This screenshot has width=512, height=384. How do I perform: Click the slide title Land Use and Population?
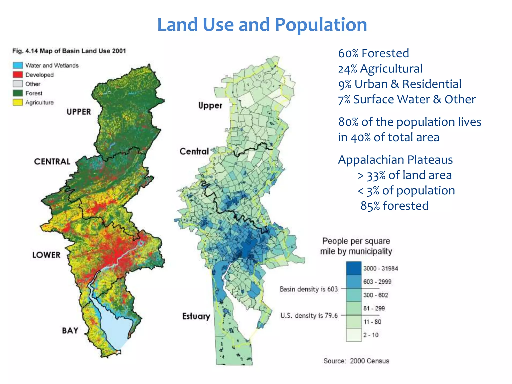(x=262, y=25)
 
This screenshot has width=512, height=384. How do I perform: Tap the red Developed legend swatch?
(x=18, y=74)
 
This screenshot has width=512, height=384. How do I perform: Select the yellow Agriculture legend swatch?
(x=18, y=102)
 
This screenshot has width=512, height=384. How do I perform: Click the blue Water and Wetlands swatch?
(x=18, y=65)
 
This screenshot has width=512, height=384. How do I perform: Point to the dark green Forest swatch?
(x=18, y=93)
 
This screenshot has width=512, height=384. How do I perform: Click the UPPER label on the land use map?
(x=79, y=112)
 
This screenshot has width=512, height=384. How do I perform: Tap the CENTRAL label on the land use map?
(x=52, y=161)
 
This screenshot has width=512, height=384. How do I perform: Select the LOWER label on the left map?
(x=46, y=255)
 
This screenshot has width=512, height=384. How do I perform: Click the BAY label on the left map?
(x=70, y=331)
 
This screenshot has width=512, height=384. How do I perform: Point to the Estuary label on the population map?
(x=196, y=316)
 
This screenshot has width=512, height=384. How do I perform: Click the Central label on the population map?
(x=194, y=151)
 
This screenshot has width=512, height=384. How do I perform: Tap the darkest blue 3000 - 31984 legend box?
(x=354, y=268)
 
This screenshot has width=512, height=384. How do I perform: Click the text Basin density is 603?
(x=309, y=289)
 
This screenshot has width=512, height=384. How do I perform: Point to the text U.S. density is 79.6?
(x=309, y=315)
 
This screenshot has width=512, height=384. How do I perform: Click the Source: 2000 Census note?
(x=356, y=361)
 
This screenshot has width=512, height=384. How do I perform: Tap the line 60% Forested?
(x=373, y=53)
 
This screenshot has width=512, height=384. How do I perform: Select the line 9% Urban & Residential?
(x=399, y=84)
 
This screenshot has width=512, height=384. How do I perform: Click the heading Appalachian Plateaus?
(x=395, y=160)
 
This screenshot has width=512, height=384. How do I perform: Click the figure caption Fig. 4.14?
(x=69, y=51)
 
